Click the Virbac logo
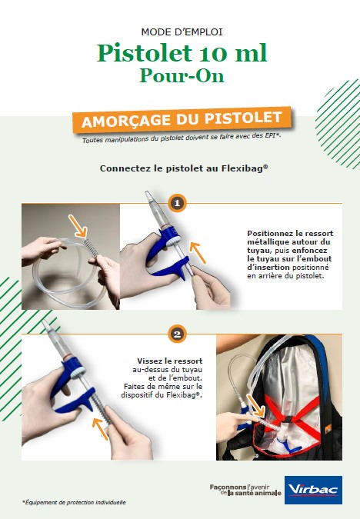313,490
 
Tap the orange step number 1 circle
177,203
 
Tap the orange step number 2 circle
177,334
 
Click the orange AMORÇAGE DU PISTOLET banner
182,119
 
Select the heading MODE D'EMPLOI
182,32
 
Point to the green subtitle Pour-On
182,76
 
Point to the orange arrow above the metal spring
78,226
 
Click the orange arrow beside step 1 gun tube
198,253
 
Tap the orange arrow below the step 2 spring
100,429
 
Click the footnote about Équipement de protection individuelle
74,502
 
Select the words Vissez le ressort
169,361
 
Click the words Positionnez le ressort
290,233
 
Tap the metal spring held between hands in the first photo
91,246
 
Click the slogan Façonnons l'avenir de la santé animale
245,490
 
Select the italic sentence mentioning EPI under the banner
182,138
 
